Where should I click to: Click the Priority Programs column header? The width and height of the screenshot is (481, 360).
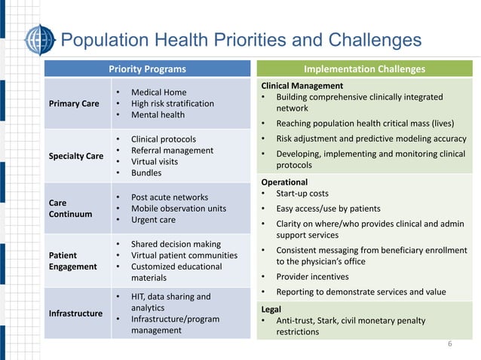(x=147, y=69)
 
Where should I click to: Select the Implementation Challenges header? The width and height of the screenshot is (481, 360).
(x=364, y=69)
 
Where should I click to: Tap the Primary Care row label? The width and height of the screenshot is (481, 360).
(x=75, y=104)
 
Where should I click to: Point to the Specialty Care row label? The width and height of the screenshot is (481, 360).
(x=76, y=157)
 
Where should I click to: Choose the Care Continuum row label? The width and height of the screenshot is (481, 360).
(x=70, y=209)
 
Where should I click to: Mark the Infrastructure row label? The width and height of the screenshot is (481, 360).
(x=76, y=313)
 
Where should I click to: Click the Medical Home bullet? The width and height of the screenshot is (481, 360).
(x=158, y=93)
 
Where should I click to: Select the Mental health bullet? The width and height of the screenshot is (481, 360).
(x=158, y=115)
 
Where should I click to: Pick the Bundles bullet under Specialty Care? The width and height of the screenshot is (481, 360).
(x=146, y=172)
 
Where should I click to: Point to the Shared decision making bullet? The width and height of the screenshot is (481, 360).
(x=176, y=244)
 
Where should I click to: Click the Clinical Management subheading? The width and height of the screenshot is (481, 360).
(x=302, y=86)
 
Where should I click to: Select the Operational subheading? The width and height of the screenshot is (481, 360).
(x=284, y=182)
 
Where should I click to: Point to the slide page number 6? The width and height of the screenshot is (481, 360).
(x=450, y=345)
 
